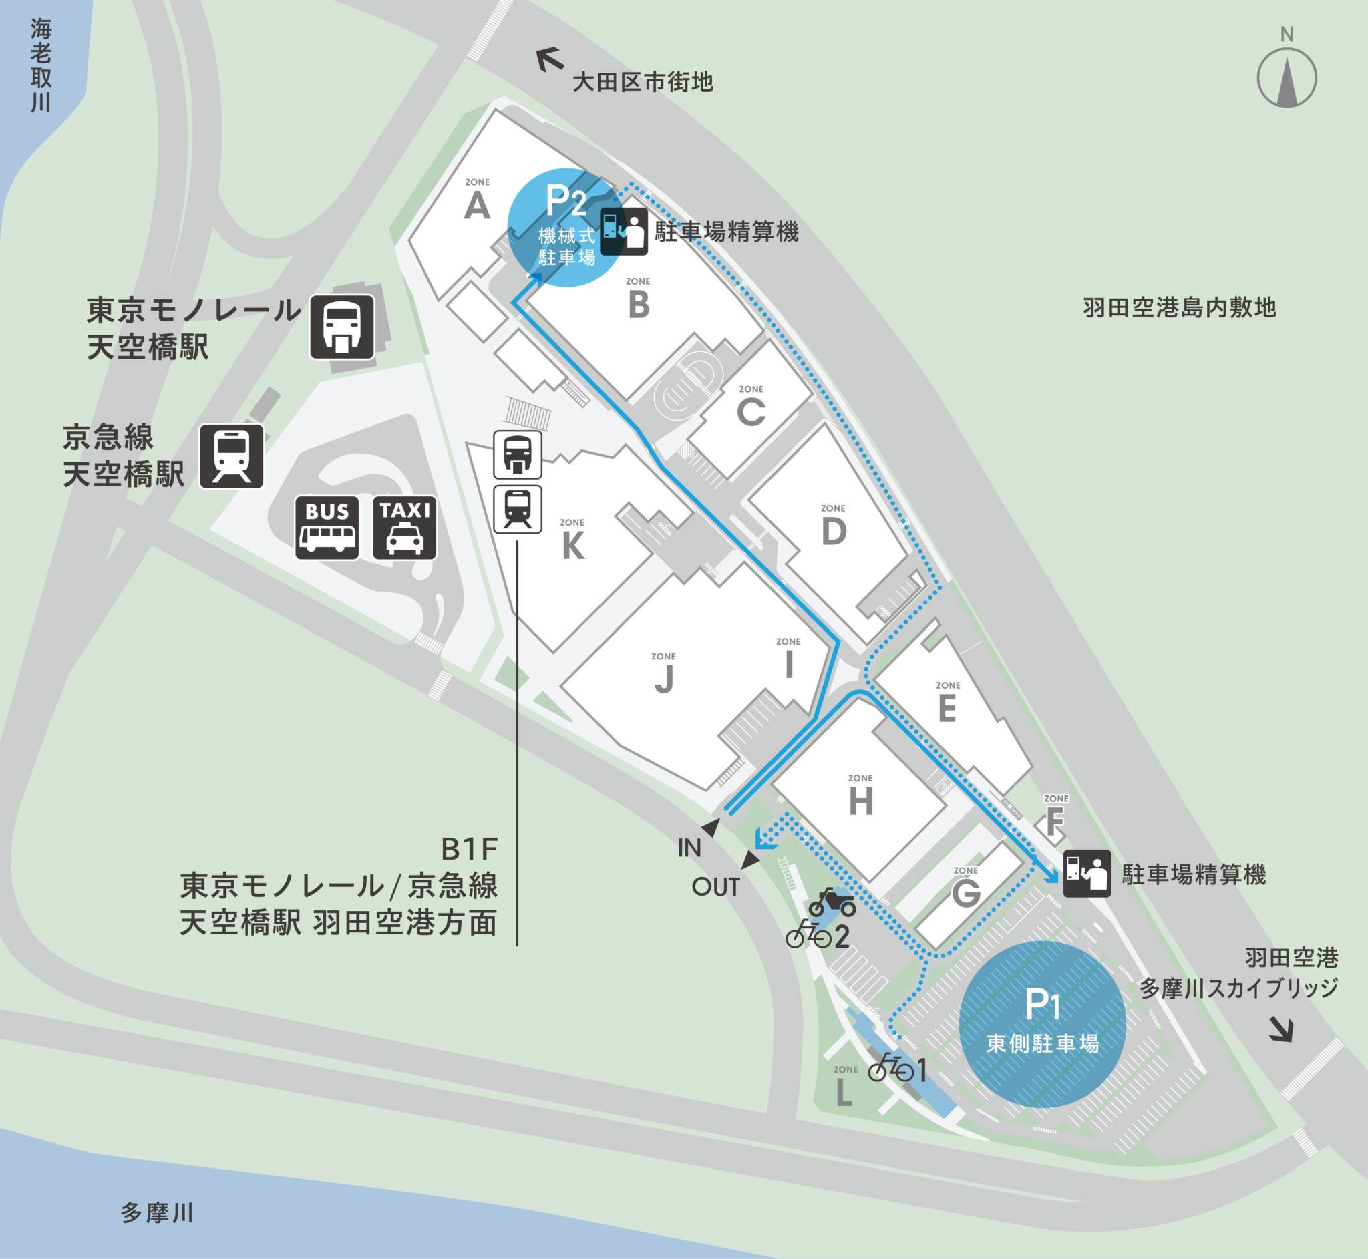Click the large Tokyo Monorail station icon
pyautogui.click(x=342, y=327)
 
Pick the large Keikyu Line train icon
pyautogui.click(x=232, y=456)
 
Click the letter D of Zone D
pyautogui.click(x=834, y=532)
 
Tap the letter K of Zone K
pyautogui.click(x=573, y=546)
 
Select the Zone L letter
pyautogui.click(x=844, y=1093)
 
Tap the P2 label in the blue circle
pyautogui.click(x=566, y=201)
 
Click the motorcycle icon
pyautogui.click(x=832, y=903)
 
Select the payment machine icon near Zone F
pyautogui.click(x=1087, y=874)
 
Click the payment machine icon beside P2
pyautogui.click(x=624, y=232)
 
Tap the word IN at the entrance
pyautogui.click(x=689, y=848)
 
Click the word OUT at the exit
pyautogui.click(x=715, y=887)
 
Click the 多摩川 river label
pyautogui.click(x=158, y=1213)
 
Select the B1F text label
pyautogui.click(x=470, y=850)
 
